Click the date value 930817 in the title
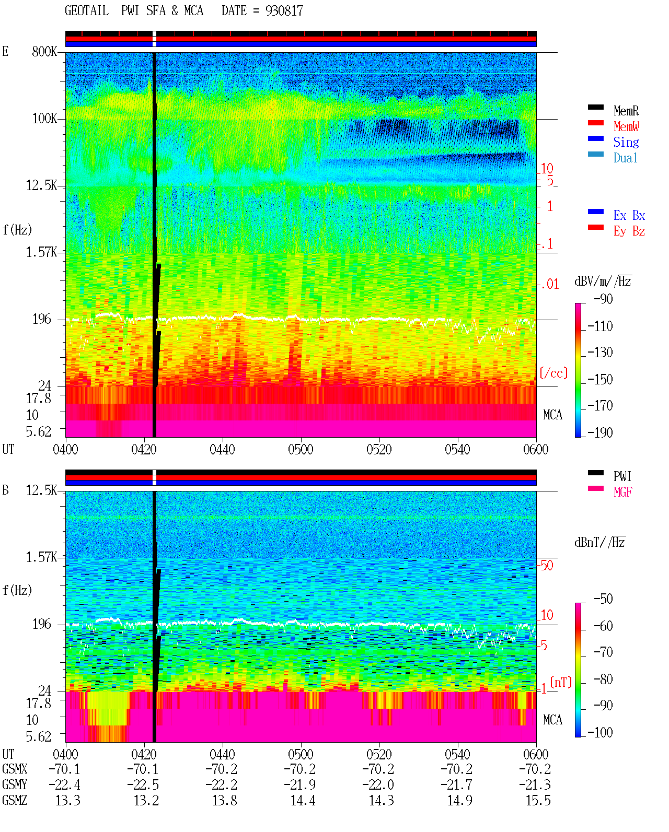tap(284, 11)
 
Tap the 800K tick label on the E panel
tap(44, 51)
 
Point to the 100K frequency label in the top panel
tap(44, 119)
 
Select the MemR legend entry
tap(626, 111)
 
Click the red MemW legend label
tap(626, 126)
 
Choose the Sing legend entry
tap(626, 142)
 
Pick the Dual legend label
tap(626, 158)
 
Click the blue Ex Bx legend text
tap(629, 215)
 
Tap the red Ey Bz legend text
tap(629, 231)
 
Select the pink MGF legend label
tap(622, 492)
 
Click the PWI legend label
tap(622, 476)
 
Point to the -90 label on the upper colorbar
tap(603, 299)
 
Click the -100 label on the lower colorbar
tap(600, 732)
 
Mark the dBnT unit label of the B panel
tap(600, 543)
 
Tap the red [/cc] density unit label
tap(553, 373)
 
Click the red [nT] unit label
tap(561, 682)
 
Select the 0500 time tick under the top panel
tap(301, 450)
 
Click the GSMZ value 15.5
tap(538, 800)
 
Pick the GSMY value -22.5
tap(143, 785)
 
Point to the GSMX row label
tap(15, 769)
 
